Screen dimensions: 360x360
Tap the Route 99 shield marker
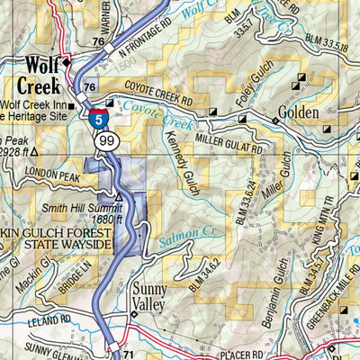102,140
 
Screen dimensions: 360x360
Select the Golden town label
307,118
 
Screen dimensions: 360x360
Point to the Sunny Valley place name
151,298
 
